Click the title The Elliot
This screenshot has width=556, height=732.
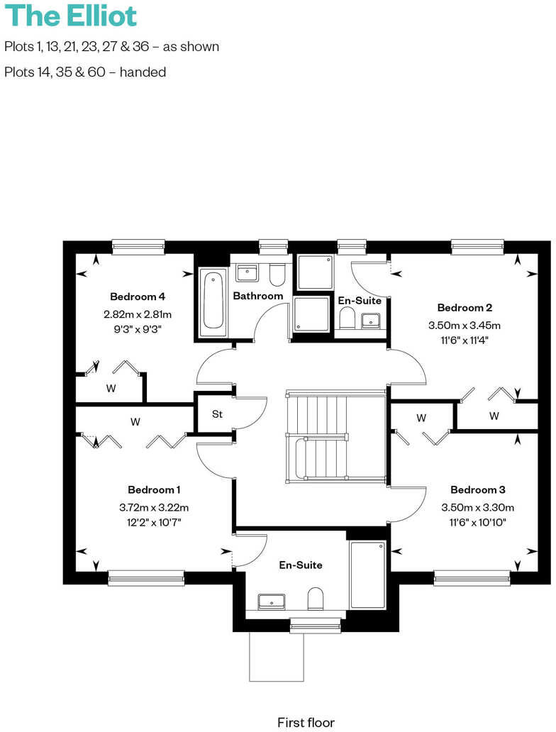(x=71, y=16)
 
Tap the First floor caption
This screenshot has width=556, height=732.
(x=306, y=723)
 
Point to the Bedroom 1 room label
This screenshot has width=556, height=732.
(x=154, y=489)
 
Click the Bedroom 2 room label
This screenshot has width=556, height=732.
(x=465, y=308)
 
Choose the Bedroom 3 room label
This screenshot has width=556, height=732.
(x=477, y=490)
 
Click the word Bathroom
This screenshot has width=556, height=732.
(x=258, y=296)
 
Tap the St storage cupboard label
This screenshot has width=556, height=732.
(x=216, y=414)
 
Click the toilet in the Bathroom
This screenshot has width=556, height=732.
(x=277, y=274)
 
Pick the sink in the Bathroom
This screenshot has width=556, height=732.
(x=247, y=272)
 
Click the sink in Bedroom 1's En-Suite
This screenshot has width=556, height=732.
(x=271, y=601)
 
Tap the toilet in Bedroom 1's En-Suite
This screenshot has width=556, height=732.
(x=316, y=599)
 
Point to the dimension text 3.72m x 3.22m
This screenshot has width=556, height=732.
(x=154, y=507)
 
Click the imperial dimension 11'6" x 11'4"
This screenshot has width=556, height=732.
(x=465, y=340)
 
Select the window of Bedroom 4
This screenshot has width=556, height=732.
(x=138, y=247)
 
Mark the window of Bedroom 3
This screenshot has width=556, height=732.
(x=472, y=579)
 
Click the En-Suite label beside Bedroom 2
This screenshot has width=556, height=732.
(x=360, y=301)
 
